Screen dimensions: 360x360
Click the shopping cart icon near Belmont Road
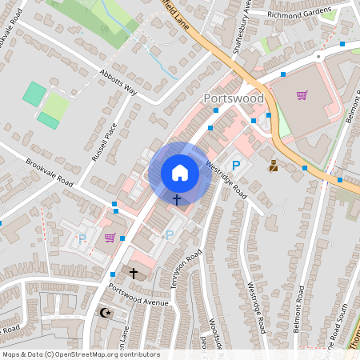point(302,96)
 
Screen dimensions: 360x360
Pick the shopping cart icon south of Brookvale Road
point(110,238)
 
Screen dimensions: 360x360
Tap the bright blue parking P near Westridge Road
point(236,166)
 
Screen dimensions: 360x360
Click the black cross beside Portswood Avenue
point(134,274)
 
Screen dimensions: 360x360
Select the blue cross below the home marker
point(176,198)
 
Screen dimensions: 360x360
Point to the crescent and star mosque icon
point(102,313)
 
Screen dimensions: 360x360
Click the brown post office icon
point(274,166)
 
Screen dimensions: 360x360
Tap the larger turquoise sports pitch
point(34,94)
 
